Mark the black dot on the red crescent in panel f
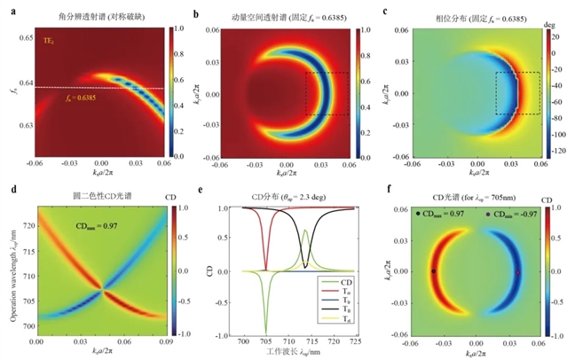coord(433,271)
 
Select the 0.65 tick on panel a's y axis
coord(24,38)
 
